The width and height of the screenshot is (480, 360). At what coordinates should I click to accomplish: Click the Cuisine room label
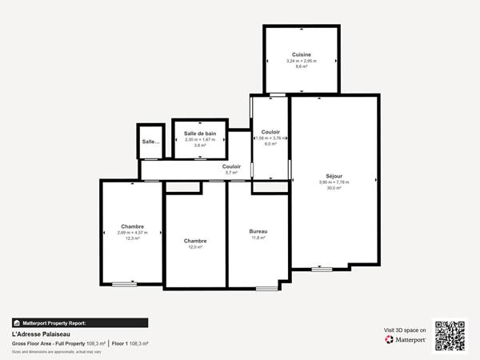301,54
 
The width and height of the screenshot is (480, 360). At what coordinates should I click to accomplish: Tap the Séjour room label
334,176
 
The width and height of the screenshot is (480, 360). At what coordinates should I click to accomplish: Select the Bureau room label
258,231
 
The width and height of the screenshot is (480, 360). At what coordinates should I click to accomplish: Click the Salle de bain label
200,134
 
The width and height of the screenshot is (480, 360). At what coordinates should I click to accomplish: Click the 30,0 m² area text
334,188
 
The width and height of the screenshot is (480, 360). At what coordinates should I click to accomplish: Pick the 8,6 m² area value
301,66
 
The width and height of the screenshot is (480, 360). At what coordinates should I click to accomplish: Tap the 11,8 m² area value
258,238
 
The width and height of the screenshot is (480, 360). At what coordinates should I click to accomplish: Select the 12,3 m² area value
132,238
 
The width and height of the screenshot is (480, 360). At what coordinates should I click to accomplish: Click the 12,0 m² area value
195,247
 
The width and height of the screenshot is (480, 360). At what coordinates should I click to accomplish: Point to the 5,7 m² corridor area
231,173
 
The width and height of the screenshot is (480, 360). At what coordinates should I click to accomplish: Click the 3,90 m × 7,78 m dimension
334,182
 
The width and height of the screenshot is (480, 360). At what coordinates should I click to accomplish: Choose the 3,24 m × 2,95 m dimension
301,61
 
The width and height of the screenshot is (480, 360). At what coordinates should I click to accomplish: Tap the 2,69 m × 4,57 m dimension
132,232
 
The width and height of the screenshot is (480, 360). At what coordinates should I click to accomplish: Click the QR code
450,335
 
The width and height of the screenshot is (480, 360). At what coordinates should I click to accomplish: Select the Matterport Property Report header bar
80,323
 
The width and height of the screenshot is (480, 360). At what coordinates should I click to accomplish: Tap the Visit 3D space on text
404,329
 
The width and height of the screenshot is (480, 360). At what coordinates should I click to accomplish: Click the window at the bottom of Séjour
322,269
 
